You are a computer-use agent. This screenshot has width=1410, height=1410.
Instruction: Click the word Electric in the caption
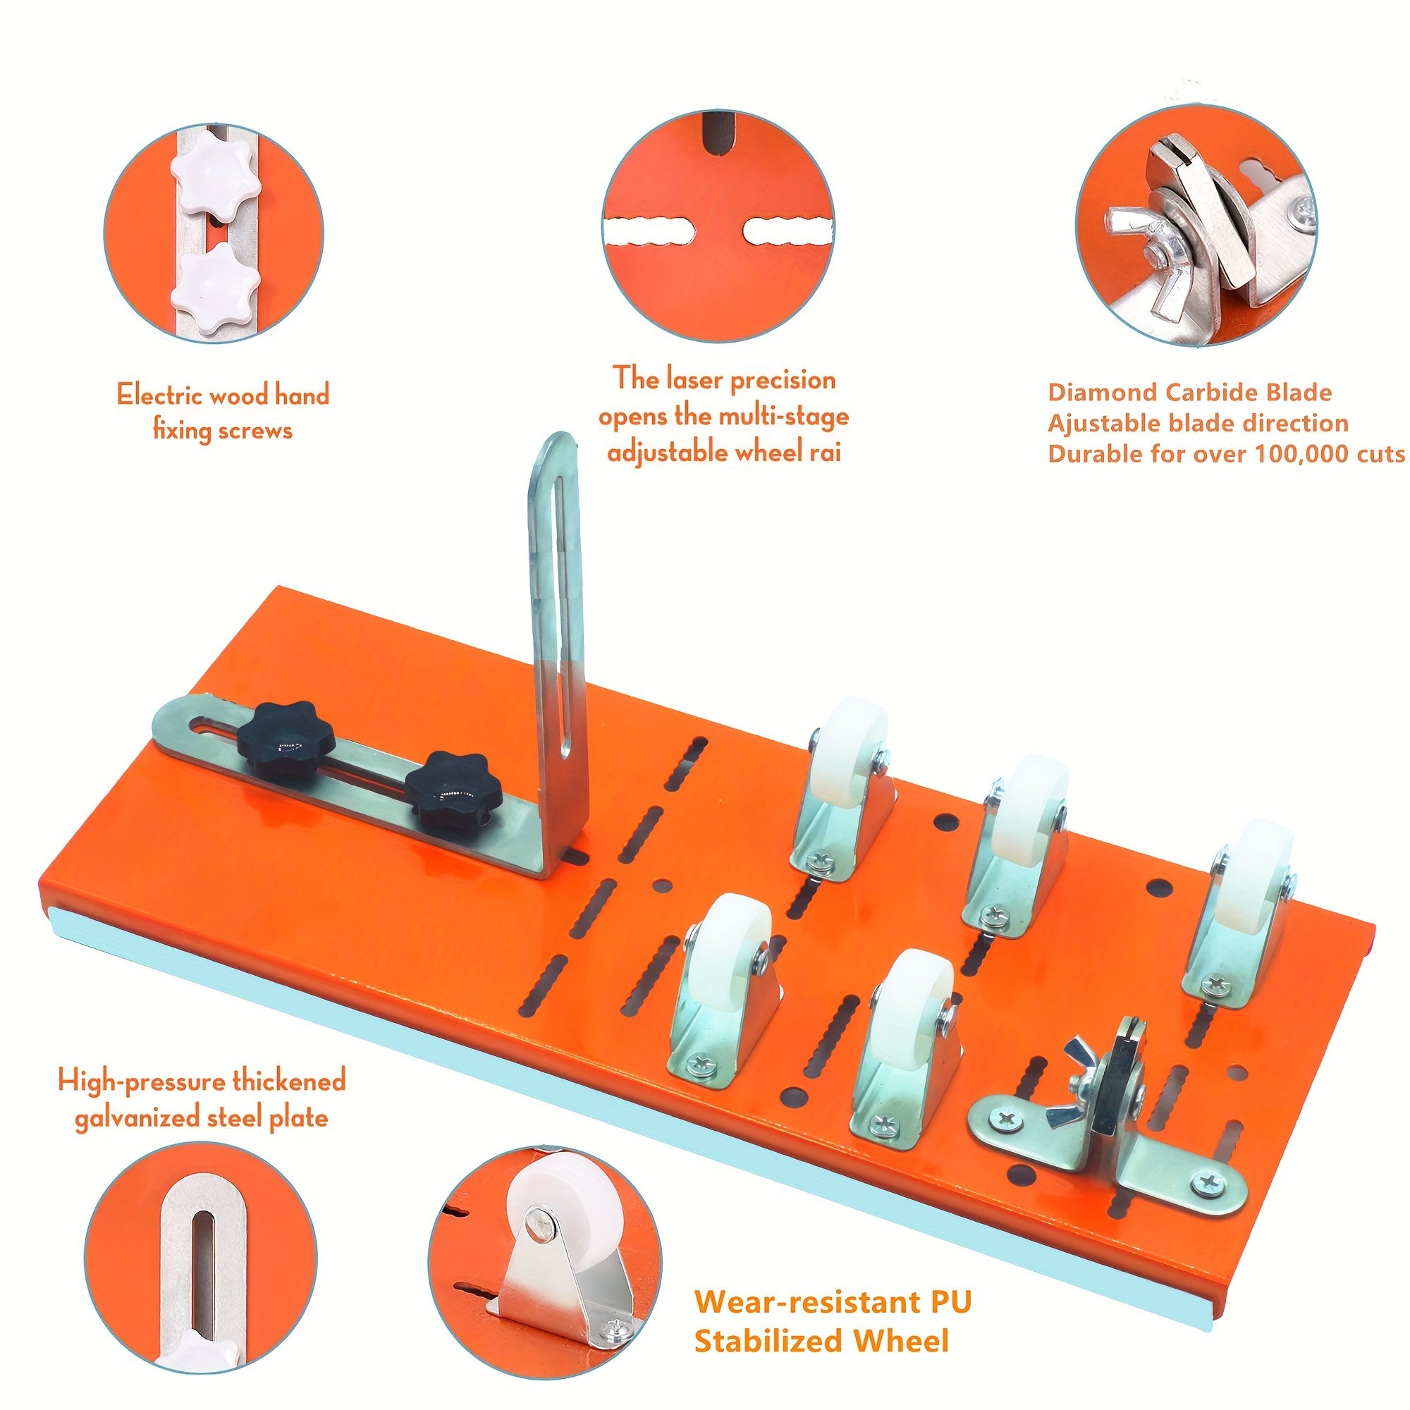point(159,396)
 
